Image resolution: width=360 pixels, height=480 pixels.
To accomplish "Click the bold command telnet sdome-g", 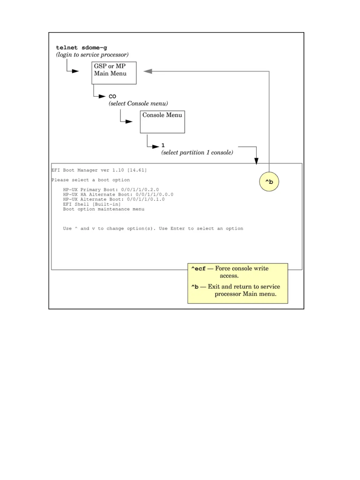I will click(x=81, y=48).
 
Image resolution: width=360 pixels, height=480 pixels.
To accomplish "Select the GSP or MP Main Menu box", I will click(x=114, y=73).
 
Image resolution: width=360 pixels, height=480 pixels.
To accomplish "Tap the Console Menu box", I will click(x=162, y=122).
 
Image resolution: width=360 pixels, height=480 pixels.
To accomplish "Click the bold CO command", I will click(x=112, y=96).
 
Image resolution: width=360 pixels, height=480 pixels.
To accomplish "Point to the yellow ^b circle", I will click(x=269, y=182).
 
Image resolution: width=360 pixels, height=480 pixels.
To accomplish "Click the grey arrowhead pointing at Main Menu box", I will click(x=147, y=71).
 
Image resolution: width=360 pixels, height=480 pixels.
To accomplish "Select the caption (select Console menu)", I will click(x=138, y=104).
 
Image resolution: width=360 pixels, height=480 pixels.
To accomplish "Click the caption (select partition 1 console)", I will click(x=197, y=153).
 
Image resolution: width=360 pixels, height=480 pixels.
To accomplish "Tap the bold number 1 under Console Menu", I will click(x=163, y=145).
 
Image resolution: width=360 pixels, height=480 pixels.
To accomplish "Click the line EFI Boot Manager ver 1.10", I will click(x=99, y=170).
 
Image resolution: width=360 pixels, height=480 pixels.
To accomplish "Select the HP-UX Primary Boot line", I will click(x=111, y=190).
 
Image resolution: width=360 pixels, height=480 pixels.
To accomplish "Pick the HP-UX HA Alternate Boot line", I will click(x=118, y=195).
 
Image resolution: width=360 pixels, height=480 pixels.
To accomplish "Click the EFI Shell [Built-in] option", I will click(x=92, y=204).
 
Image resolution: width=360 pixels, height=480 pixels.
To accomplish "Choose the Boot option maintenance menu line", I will click(x=104, y=209).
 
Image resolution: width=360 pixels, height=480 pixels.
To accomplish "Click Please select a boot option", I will click(x=91, y=180).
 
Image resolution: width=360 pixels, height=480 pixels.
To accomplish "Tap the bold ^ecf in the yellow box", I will click(x=198, y=269).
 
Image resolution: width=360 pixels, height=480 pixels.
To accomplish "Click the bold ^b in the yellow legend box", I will click(x=195, y=287).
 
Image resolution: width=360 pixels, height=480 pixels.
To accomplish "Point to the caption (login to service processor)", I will click(x=92, y=55).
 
